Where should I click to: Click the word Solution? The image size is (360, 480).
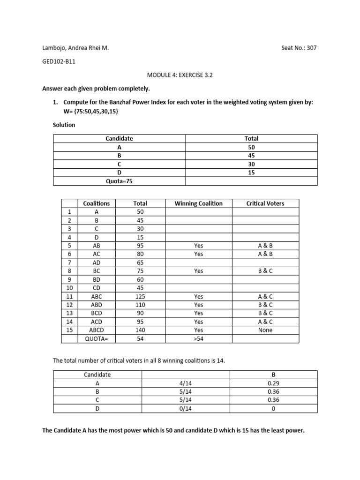(64, 125)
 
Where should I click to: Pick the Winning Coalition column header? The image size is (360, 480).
(198, 203)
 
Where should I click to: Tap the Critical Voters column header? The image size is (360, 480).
(265, 203)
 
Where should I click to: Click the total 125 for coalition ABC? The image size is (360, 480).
(140, 296)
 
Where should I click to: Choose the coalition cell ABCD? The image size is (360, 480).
(96, 330)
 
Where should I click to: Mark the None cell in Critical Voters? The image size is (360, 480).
(265, 330)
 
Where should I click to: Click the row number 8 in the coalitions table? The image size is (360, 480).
(69, 271)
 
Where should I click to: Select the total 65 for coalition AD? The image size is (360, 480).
(140, 262)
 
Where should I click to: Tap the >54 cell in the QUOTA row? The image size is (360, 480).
(198, 338)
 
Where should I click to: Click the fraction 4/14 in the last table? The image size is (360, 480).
(186, 383)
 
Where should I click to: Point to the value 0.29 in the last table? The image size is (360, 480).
(273, 383)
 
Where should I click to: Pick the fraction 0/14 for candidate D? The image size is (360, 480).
(186, 408)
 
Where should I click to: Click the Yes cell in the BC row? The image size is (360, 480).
(198, 271)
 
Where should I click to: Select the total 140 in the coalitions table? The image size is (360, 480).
(140, 330)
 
